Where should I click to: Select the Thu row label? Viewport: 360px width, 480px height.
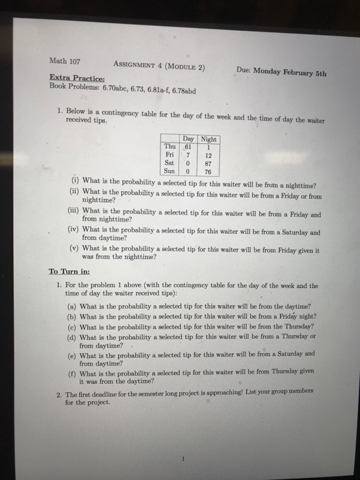[x=169, y=146]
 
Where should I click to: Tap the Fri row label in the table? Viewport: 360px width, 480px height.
[x=169, y=155]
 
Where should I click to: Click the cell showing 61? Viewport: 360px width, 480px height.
[x=186, y=146]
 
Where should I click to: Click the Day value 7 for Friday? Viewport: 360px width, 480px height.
[x=186, y=155]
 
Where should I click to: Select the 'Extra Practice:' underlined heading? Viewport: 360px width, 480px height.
[x=76, y=78]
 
